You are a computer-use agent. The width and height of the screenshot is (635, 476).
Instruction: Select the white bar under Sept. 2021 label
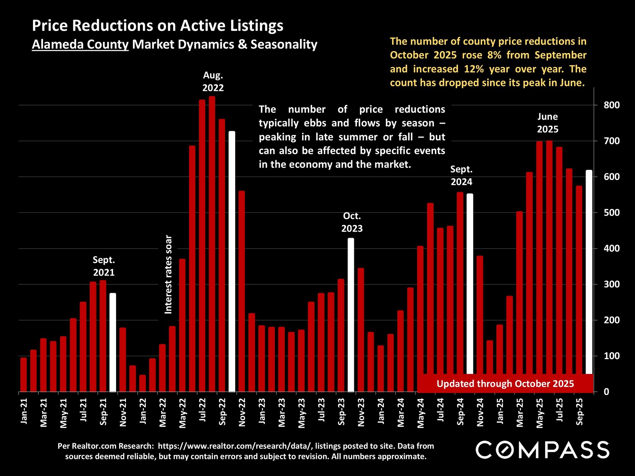(x=113, y=342)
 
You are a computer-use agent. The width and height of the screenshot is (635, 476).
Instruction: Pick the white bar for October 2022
(x=232, y=261)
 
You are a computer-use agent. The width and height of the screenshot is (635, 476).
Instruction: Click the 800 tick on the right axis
(x=611, y=105)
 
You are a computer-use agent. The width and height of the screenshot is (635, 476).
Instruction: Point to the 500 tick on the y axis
(x=611, y=213)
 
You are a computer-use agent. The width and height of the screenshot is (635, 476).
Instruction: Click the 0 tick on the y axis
(x=606, y=392)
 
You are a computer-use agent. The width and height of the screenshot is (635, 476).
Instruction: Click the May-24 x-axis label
(x=421, y=413)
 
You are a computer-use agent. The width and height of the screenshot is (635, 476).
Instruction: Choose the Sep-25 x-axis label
(x=579, y=412)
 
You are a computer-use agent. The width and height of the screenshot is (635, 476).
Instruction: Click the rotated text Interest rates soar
(x=168, y=274)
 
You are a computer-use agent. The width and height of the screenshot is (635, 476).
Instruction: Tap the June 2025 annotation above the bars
(x=547, y=123)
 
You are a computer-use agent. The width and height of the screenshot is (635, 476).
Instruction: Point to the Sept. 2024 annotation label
(x=461, y=176)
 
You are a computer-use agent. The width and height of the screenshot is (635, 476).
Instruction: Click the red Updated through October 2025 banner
(x=505, y=383)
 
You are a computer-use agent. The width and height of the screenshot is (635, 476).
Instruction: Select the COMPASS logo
(x=542, y=450)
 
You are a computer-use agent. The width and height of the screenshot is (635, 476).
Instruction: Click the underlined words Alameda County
(x=80, y=44)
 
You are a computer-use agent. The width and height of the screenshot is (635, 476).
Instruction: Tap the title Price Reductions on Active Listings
(x=157, y=25)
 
